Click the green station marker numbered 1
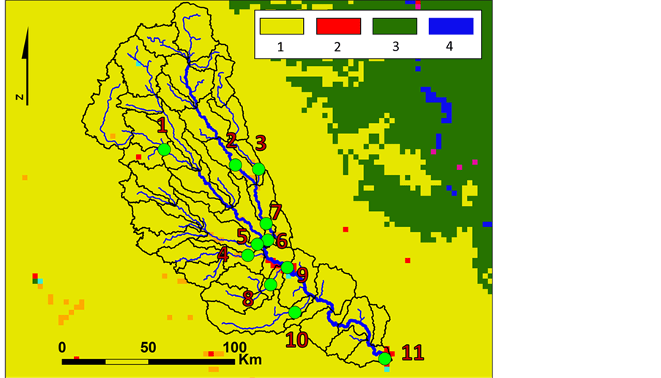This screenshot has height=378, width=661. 164,149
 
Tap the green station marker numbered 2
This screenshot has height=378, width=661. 235,166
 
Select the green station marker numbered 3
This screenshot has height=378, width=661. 258,169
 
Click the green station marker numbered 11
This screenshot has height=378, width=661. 384,358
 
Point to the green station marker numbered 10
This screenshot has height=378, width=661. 295,312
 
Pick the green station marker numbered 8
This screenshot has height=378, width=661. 270,284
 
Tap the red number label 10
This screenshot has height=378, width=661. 296,339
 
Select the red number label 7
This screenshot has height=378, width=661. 276,210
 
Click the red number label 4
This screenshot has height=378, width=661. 223,254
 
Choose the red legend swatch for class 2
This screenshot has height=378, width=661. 338,26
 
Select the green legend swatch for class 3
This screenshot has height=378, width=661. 394,26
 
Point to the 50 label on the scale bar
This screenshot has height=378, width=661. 149,346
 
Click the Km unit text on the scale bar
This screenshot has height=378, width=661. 250,360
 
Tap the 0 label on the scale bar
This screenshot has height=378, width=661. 62,346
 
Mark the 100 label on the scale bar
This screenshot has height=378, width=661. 234,346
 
